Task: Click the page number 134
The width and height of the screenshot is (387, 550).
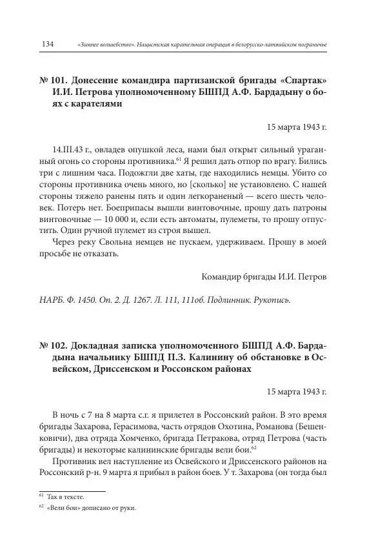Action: (46, 43)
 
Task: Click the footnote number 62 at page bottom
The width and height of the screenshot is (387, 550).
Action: (42, 507)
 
